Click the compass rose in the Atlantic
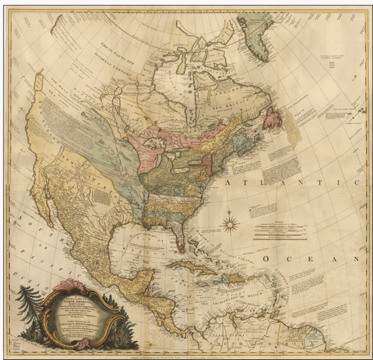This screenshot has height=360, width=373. (230, 225)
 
